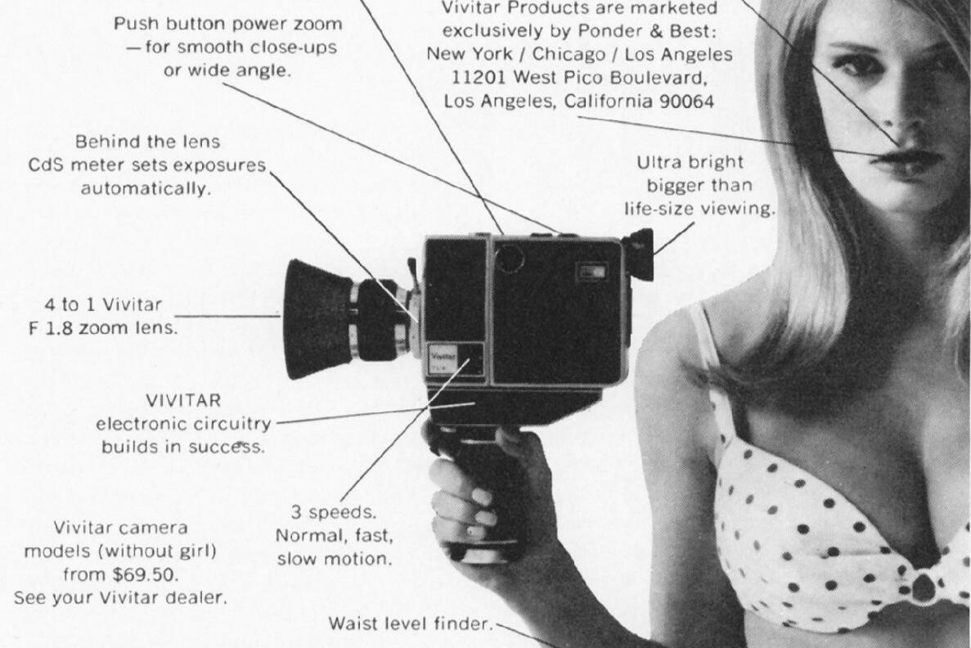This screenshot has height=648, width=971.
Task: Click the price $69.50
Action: (x=146, y=574)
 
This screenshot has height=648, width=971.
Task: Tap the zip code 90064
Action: (x=687, y=101)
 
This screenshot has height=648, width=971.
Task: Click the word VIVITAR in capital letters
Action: (x=183, y=400)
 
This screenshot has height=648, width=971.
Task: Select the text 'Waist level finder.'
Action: (x=411, y=623)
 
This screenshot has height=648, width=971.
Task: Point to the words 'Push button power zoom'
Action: (x=228, y=25)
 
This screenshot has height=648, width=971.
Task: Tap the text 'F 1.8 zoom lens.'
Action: (x=103, y=328)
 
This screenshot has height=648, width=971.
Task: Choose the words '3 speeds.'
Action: (x=334, y=512)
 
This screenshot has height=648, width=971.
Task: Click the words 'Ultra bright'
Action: (x=690, y=162)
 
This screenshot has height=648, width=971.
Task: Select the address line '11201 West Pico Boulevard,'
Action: (x=579, y=78)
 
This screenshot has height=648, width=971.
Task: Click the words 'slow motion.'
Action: (x=335, y=559)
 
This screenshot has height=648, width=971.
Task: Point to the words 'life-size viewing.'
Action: (x=699, y=209)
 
